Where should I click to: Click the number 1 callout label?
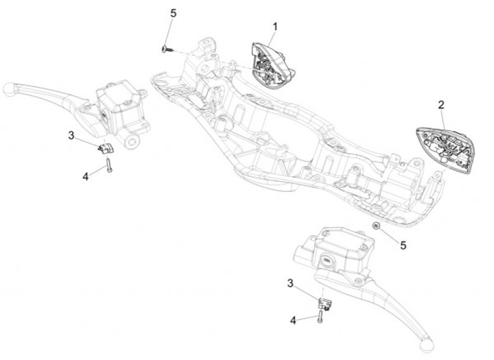(x=274, y=27)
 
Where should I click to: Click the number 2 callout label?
(x=441, y=104)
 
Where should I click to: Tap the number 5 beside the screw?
(x=173, y=13)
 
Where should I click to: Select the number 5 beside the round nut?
(x=403, y=244)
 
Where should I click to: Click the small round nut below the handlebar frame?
(x=376, y=226)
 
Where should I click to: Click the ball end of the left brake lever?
(x=9, y=89)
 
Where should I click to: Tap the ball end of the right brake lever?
(x=427, y=341)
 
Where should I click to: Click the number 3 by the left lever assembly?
(x=71, y=135)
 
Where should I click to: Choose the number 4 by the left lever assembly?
(x=86, y=176)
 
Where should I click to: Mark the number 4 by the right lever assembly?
(x=293, y=320)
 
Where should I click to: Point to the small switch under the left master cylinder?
(x=105, y=147)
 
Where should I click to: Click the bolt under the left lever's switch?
(x=109, y=165)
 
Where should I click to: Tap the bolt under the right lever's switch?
(x=319, y=317)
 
